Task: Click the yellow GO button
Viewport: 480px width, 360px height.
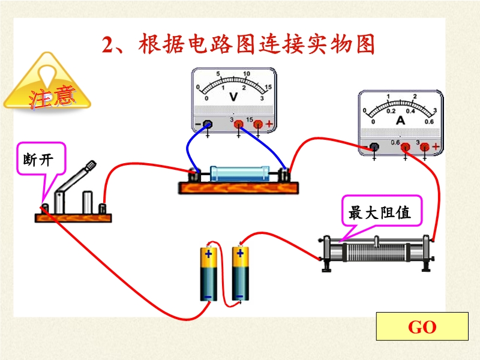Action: point(422,326)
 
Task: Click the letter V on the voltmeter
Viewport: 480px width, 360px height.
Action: point(233,97)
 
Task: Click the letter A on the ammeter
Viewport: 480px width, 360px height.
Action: point(400,121)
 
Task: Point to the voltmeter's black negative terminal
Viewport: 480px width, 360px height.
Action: point(208,124)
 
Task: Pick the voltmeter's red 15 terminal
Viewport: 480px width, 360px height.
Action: point(258,124)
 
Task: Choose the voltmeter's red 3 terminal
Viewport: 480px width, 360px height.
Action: point(238,124)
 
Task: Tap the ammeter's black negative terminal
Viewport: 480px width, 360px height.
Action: point(374,147)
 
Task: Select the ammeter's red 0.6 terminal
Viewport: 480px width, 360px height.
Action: point(406,147)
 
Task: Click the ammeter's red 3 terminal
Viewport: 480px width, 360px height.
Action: point(425,147)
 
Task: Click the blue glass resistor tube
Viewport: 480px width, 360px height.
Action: point(239,173)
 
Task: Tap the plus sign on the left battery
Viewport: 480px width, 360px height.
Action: point(208,254)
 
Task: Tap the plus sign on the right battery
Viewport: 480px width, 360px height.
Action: point(241,253)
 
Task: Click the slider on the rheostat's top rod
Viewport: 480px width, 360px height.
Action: point(377,241)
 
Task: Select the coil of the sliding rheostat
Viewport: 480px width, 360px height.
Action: point(376,253)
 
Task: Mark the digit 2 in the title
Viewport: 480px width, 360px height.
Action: point(107,45)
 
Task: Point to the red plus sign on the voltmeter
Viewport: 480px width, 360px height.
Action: point(269,124)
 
